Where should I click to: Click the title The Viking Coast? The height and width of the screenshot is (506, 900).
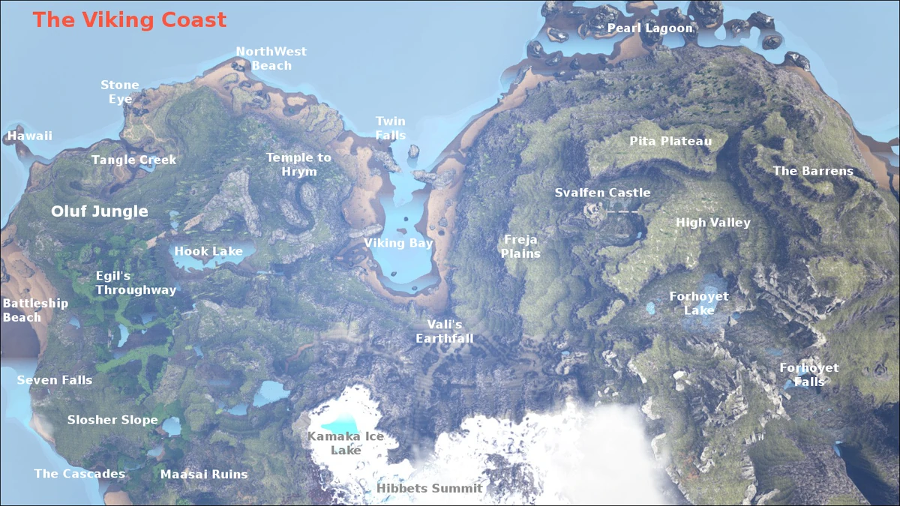[129, 19]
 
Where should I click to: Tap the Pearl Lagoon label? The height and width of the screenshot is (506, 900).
[649, 28]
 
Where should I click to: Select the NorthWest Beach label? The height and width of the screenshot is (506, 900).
[271, 58]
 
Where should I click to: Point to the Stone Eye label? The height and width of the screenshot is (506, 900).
[120, 92]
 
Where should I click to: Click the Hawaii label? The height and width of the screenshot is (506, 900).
[30, 136]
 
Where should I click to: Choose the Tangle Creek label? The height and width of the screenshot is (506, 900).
[133, 160]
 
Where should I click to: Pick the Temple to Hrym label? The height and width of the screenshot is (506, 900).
[298, 164]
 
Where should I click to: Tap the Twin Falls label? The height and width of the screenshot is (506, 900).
[390, 128]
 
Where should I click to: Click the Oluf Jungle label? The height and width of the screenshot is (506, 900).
[99, 212]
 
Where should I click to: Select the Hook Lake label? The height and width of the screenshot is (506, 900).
[208, 251]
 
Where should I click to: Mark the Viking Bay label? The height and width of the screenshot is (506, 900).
[398, 244]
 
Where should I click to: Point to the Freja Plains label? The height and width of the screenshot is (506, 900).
[520, 247]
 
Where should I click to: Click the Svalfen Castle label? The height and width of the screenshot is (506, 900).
[602, 193]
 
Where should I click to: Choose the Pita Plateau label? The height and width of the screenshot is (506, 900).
[670, 141]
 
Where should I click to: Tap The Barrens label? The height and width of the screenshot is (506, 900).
[813, 171]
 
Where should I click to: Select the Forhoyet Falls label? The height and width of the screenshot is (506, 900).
[808, 375]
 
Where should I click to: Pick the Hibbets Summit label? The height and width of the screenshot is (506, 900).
[429, 489]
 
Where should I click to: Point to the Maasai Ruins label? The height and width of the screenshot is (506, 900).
[204, 474]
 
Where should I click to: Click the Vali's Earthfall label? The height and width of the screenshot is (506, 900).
[445, 331]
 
